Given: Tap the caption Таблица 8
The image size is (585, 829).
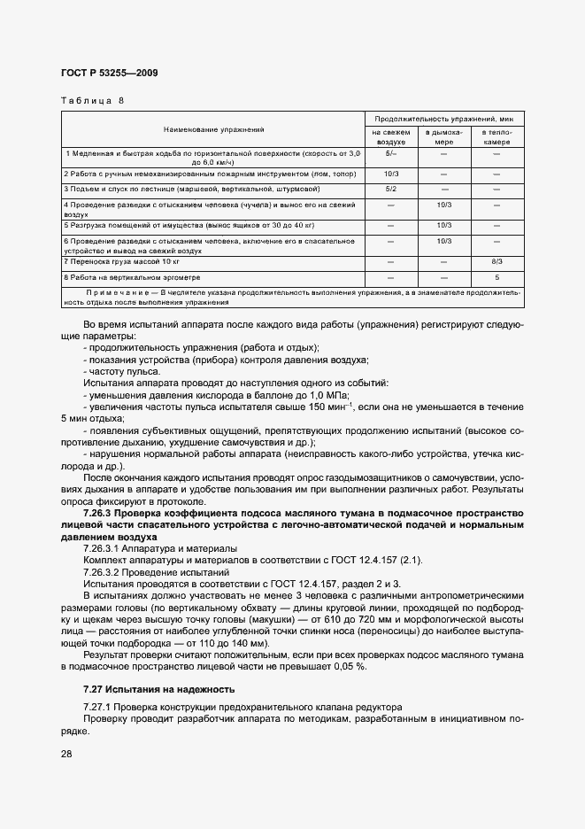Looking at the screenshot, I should tap(92, 100).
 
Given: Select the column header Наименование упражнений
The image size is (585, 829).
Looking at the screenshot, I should tap(213, 130).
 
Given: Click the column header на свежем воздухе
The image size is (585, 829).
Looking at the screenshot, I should tap(390, 136).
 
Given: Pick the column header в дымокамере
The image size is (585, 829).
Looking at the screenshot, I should tap(443, 136).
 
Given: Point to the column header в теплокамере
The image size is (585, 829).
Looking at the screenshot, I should tap(496, 136).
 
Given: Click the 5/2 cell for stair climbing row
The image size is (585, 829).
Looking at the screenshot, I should tap(390, 190).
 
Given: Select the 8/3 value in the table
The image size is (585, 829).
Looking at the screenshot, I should tap(496, 262).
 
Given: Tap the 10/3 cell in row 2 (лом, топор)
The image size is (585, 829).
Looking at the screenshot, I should tap(390, 174).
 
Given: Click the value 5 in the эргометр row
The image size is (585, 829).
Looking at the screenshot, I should tap(496, 277).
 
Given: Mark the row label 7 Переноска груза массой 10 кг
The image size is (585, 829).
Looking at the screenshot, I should tap(122, 262).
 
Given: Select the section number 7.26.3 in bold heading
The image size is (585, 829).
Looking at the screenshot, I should tap(101, 513).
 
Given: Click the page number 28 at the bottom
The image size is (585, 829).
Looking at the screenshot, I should tap(65, 754).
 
